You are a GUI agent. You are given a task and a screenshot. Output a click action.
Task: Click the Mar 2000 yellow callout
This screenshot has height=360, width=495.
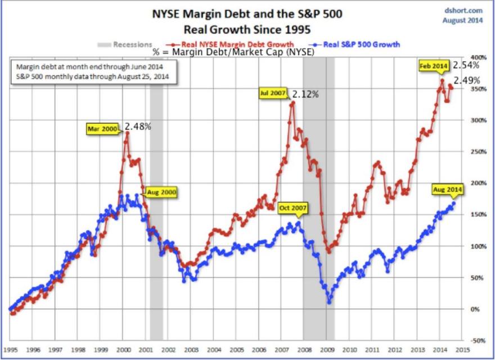(x=102, y=129)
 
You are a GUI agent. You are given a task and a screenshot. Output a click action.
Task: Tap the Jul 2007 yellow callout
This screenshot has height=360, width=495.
(x=273, y=94)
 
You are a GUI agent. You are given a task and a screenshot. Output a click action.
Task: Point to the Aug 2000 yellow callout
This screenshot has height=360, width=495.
(x=162, y=192)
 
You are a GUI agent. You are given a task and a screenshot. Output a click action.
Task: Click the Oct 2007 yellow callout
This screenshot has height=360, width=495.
(x=293, y=208)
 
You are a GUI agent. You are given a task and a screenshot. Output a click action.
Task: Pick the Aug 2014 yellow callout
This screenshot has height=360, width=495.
(x=447, y=190)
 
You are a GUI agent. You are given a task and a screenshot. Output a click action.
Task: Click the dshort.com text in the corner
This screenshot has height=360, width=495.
(x=463, y=10)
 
